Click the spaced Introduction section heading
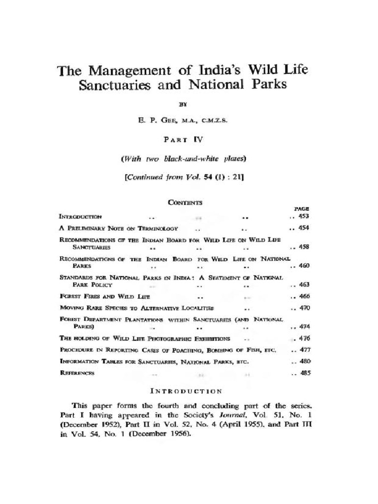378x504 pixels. [185, 392]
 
